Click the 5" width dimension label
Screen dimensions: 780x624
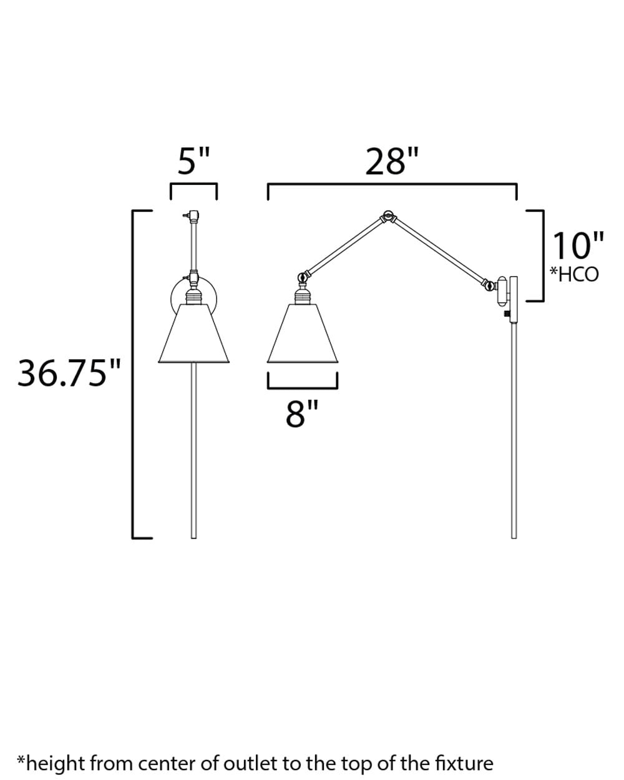[x=193, y=161]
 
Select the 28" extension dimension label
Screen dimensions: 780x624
[x=392, y=161]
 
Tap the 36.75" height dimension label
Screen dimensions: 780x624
[x=69, y=373]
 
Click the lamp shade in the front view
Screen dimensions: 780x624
[x=194, y=333]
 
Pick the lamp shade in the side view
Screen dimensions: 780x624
[x=303, y=333]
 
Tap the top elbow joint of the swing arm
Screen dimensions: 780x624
[x=388, y=216]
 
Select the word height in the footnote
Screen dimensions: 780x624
[x=57, y=763]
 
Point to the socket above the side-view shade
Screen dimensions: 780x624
[x=303, y=294]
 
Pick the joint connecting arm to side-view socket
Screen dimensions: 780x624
[x=304, y=276]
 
